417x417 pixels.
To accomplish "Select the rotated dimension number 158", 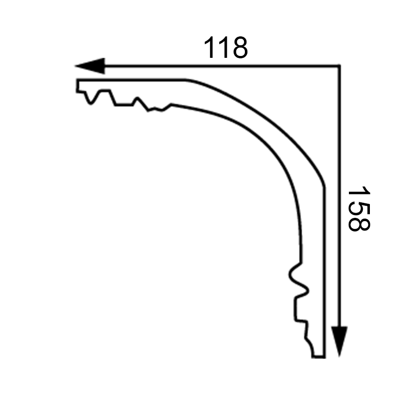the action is [x=359, y=209].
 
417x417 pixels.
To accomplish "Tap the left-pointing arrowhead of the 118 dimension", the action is [x=90, y=66].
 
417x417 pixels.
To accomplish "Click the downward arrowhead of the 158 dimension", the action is [x=340, y=341].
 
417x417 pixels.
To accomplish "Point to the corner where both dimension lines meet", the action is [x=339, y=66].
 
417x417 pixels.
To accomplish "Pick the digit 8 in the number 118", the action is [x=240, y=47].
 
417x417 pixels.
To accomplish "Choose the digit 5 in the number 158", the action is [x=359, y=209].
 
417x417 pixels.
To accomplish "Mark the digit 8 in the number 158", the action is [x=359, y=224].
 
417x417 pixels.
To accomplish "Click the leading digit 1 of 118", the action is [x=209, y=47].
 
